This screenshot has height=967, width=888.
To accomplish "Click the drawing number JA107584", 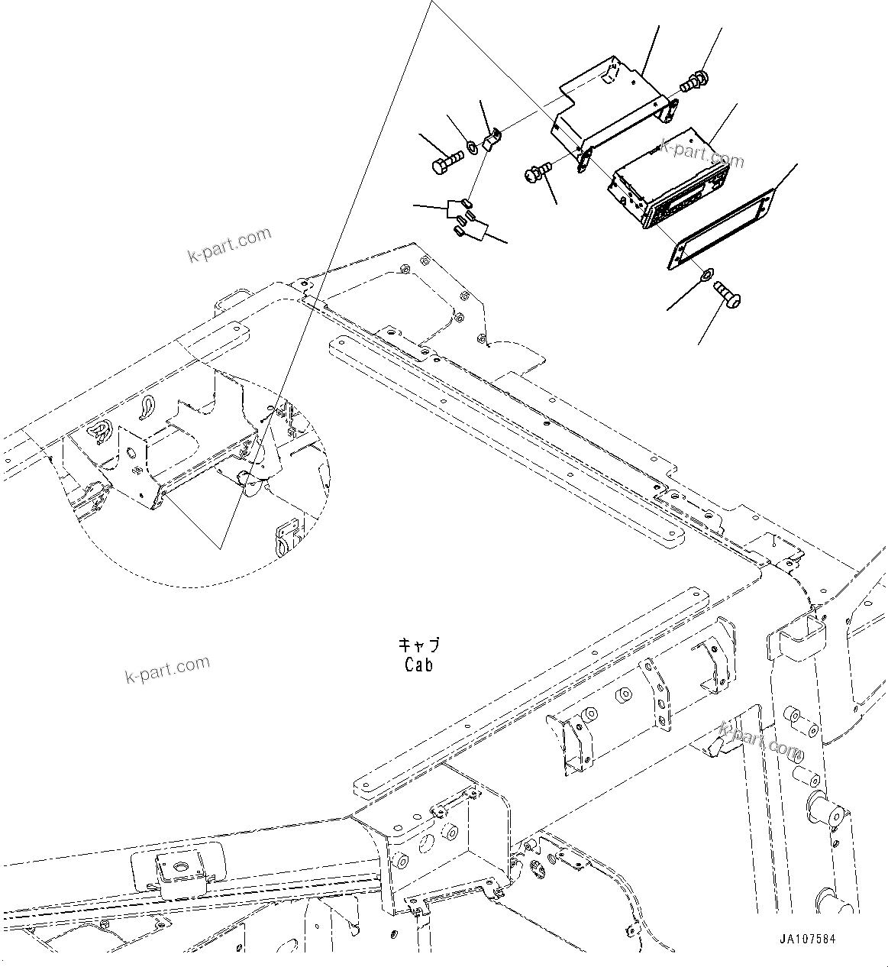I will [x=808, y=939].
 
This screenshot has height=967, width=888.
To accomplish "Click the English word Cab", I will [x=419, y=665].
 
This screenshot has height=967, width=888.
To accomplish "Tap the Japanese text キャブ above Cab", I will [x=419, y=645].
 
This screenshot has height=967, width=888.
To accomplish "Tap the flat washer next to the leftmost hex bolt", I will [x=472, y=146].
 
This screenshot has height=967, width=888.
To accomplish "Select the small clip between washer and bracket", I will [x=492, y=139].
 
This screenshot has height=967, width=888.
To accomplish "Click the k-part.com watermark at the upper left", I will [x=229, y=244].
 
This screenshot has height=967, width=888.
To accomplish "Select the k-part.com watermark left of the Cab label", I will [x=166, y=670].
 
